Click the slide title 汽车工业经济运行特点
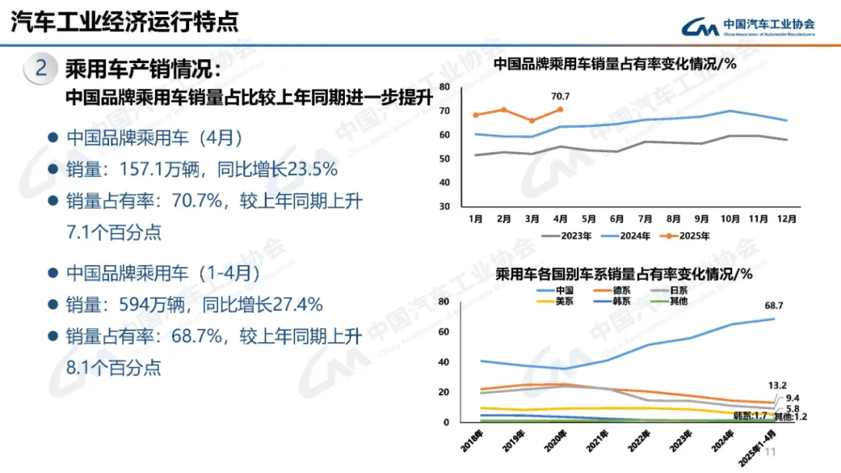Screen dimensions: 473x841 [125, 22]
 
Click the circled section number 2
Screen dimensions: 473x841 [41, 69]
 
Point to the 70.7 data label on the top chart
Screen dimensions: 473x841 [561, 97]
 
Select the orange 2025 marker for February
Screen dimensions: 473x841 [503, 109]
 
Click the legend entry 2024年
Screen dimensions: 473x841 [620, 235]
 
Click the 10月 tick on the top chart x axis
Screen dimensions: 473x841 [730, 219]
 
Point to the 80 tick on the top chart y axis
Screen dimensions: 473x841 [445, 86]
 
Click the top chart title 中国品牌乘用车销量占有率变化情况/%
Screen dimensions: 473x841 [615, 65]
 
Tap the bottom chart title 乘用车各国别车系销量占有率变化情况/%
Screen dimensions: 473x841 [624, 274]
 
